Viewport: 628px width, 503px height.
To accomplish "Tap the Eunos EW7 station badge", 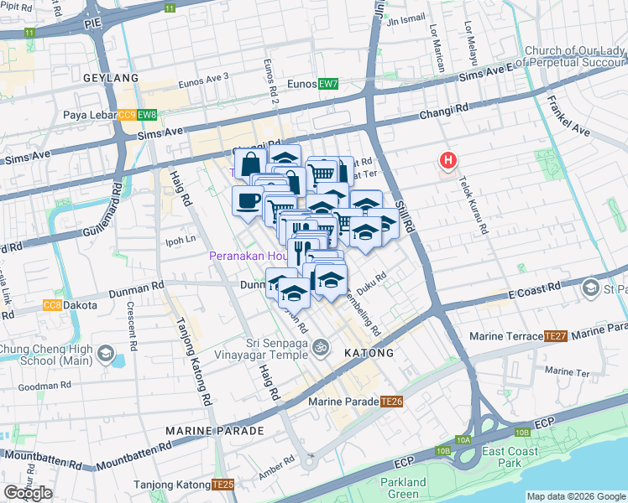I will click(x=328, y=84).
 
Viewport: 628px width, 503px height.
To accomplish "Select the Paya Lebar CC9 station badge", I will click(x=127, y=115).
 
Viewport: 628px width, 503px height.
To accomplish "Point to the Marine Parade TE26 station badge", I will click(x=392, y=402).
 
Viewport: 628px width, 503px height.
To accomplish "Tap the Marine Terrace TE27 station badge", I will click(x=556, y=336).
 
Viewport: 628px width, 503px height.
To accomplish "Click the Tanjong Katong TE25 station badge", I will click(x=222, y=485).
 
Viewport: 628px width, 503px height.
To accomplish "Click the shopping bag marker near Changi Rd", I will click(x=251, y=163).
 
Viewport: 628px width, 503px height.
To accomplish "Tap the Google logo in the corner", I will click(x=28, y=493).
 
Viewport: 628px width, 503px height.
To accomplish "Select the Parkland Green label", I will click(x=403, y=487).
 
